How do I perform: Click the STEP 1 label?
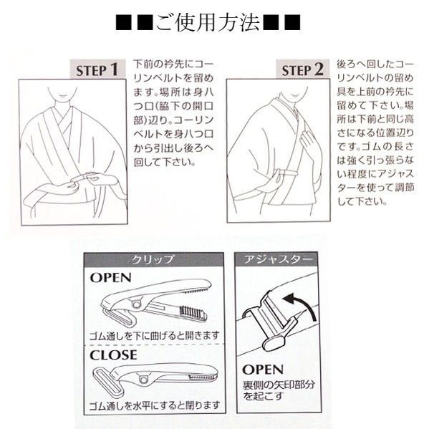point(97,69)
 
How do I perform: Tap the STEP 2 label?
point(303,69)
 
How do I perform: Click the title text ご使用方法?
point(208,22)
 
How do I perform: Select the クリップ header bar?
point(154,259)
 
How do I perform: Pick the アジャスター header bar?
point(278,259)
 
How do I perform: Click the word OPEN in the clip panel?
point(110,277)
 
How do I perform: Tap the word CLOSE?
point(113,355)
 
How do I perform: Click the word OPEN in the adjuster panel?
point(263,370)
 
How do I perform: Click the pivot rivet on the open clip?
point(135,304)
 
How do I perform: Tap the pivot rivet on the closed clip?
point(143,380)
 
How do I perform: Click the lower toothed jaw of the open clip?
point(192,314)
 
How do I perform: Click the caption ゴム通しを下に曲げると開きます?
point(155,335)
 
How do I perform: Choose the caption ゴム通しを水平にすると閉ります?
point(155,405)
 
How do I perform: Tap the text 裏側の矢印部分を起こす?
point(279,390)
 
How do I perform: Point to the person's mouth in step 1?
point(63,96)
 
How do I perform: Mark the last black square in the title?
point(292,22)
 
